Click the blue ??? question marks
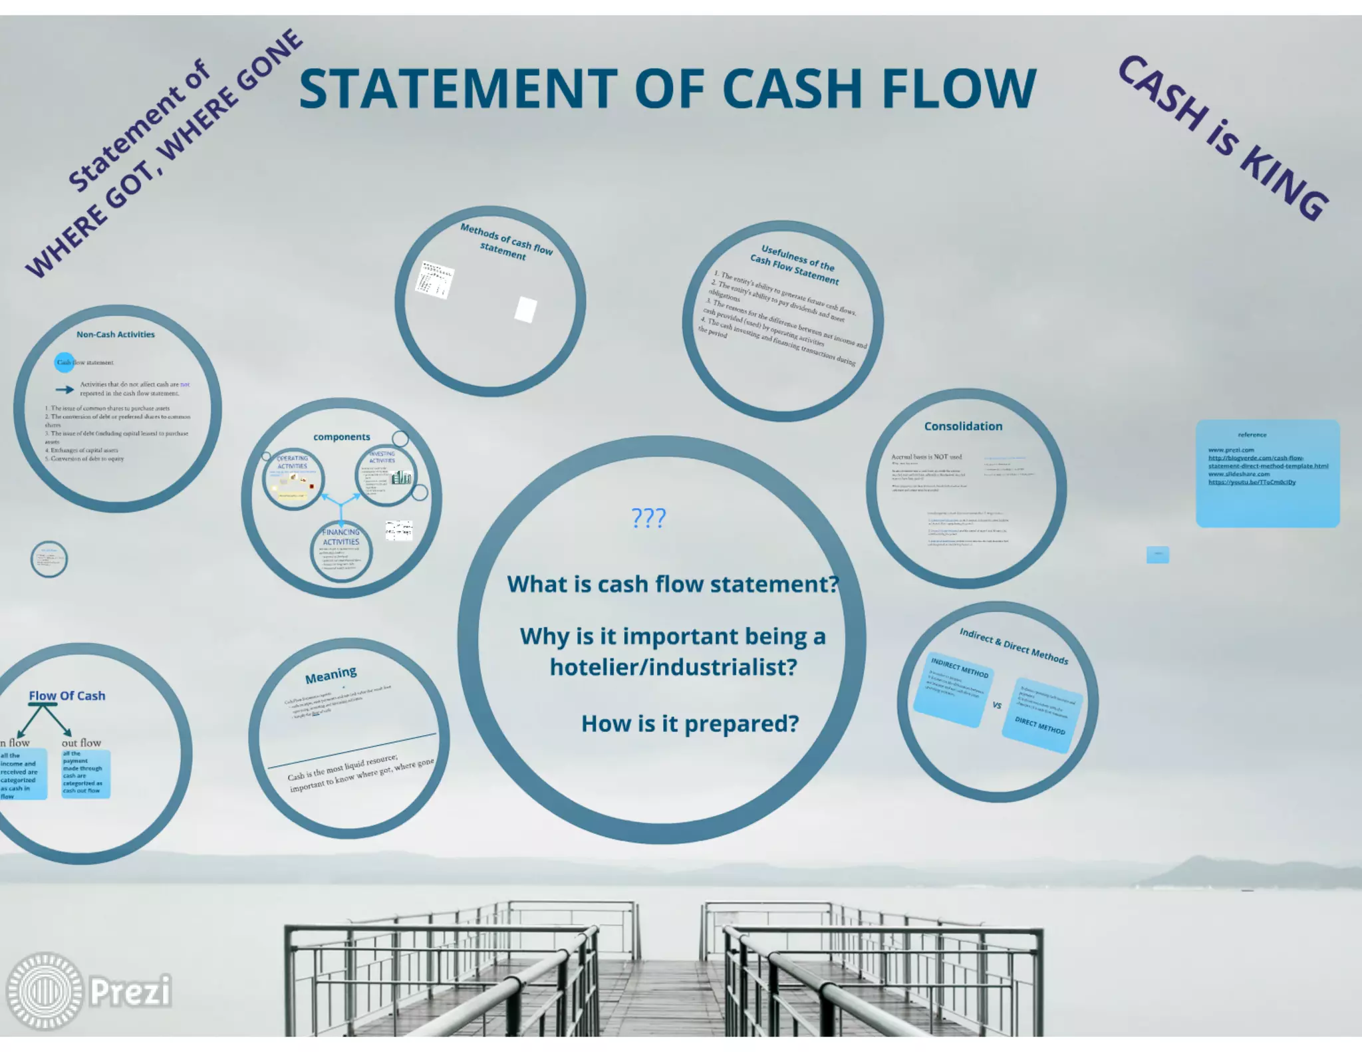(648, 517)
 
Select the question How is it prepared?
(690, 723)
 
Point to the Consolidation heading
(963, 426)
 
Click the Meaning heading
(331, 675)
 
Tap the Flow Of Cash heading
(67, 696)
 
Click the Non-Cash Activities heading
(115, 334)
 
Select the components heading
(341, 437)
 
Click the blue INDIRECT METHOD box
(953, 688)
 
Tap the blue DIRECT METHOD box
(1042, 716)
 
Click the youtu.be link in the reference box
(1252, 482)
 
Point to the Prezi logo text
(130, 991)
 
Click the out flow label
(81, 743)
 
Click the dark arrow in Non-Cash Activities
(65, 390)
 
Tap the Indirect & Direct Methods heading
(1014, 646)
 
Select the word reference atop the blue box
(1252, 435)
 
